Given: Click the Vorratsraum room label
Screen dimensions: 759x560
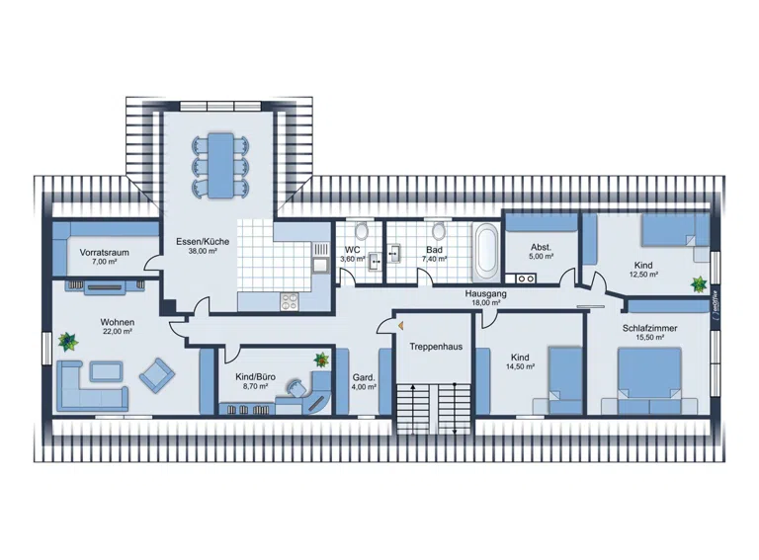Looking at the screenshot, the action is click(104, 253).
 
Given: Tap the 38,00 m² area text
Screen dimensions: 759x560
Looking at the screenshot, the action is click(203, 251).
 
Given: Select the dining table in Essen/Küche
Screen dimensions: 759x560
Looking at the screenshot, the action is click(220, 165).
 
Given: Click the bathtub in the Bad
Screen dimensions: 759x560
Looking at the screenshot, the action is click(485, 253).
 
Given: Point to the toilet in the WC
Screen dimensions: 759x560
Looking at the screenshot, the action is click(361, 231).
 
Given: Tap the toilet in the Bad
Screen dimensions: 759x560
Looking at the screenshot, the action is click(439, 231).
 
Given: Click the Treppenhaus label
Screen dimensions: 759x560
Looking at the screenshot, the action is click(436, 347).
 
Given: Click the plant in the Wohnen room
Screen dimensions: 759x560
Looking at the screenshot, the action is click(68, 342).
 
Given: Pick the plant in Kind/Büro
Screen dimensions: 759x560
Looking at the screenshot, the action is click(321, 359).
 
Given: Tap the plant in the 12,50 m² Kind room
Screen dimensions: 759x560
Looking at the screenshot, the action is click(699, 284).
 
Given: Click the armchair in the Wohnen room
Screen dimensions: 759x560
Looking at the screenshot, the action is click(157, 374).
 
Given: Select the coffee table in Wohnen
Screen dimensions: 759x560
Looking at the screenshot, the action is click(106, 371).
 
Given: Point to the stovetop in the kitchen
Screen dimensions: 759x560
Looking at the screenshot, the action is click(290, 302).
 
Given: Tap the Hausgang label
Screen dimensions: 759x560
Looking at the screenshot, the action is click(486, 293).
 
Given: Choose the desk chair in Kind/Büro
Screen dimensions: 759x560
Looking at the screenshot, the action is click(295, 388).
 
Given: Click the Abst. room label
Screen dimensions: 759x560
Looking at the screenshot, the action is click(541, 248).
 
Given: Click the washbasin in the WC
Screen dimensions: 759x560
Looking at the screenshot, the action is click(375, 260).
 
